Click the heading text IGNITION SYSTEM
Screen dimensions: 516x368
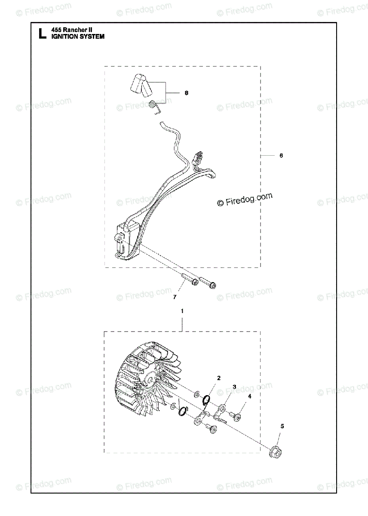[x=77, y=37]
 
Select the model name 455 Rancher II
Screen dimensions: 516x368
[x=72, y=30]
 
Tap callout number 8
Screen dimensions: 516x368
[x=186, y=93]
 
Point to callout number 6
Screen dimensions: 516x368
[x=281, y=156]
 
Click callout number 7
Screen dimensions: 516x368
[x=175, y=297]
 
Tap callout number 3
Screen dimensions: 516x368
[x=234, y=387]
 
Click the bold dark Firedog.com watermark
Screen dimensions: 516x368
[x=245, y=200]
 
